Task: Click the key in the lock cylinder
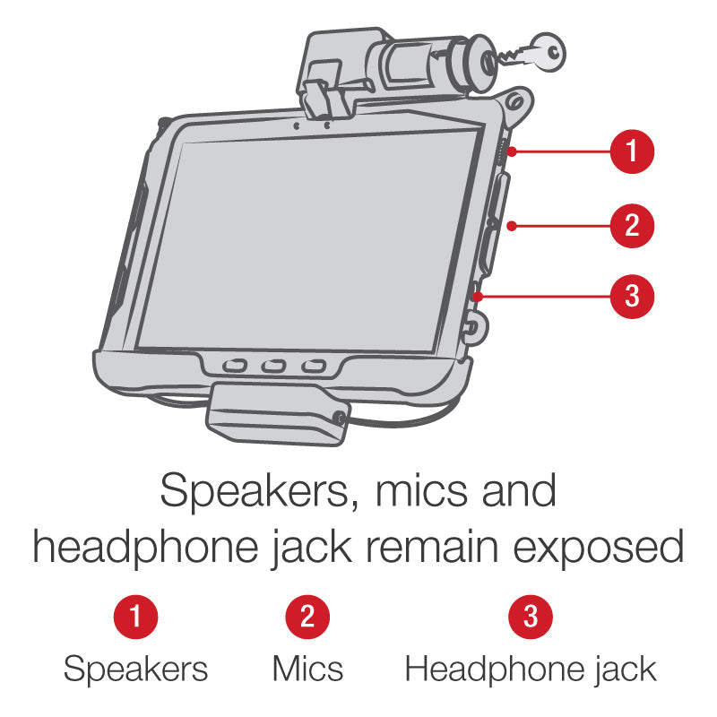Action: click(535, 53)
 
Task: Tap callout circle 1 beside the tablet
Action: click(632, 151)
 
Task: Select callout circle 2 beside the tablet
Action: click(632, 226)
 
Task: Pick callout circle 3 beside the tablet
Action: click(632, 297)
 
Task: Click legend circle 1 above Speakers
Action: click(136, 617)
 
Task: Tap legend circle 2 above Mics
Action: click(307, 617)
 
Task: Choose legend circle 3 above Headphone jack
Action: click(531, 617)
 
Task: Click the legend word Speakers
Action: click(136, 669)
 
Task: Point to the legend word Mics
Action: click(307, 669)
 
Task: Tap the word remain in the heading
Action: click(432, 546)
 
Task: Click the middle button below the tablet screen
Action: click(274, 366)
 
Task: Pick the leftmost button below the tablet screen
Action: click(235, 366)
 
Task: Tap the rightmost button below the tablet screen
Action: click(314, 367)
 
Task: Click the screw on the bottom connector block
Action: click(340, 417)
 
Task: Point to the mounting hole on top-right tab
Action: click(514, 101)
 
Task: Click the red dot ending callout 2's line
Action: click(512, 226)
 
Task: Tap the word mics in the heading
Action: click(421, 491)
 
